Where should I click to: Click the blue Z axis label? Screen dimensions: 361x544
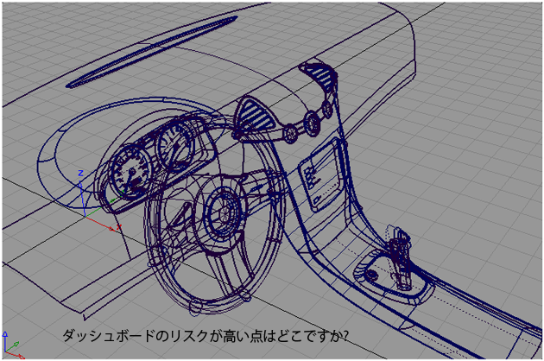[x=79, y=174]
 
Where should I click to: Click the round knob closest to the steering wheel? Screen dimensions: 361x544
[x=288, y=133]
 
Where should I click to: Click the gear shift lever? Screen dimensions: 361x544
[x=398, y=255]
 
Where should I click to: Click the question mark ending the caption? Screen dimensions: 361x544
[x=343, y=334]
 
